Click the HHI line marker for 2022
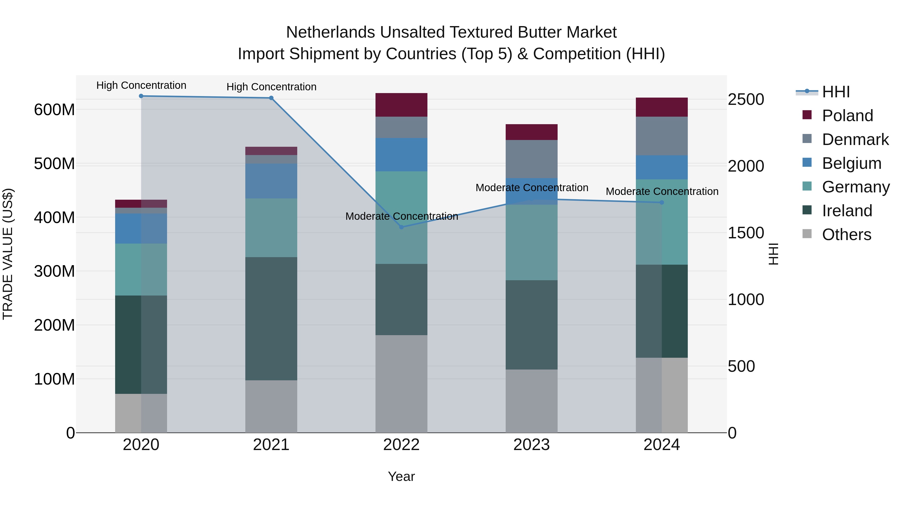401,227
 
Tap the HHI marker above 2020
141,96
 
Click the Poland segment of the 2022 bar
401,105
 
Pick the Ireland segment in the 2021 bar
271,319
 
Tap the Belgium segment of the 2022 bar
401,155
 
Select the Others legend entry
846,235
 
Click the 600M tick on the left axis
54,110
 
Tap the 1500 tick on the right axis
746,233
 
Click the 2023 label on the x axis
532,445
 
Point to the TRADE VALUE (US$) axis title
8,254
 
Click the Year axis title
401,476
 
